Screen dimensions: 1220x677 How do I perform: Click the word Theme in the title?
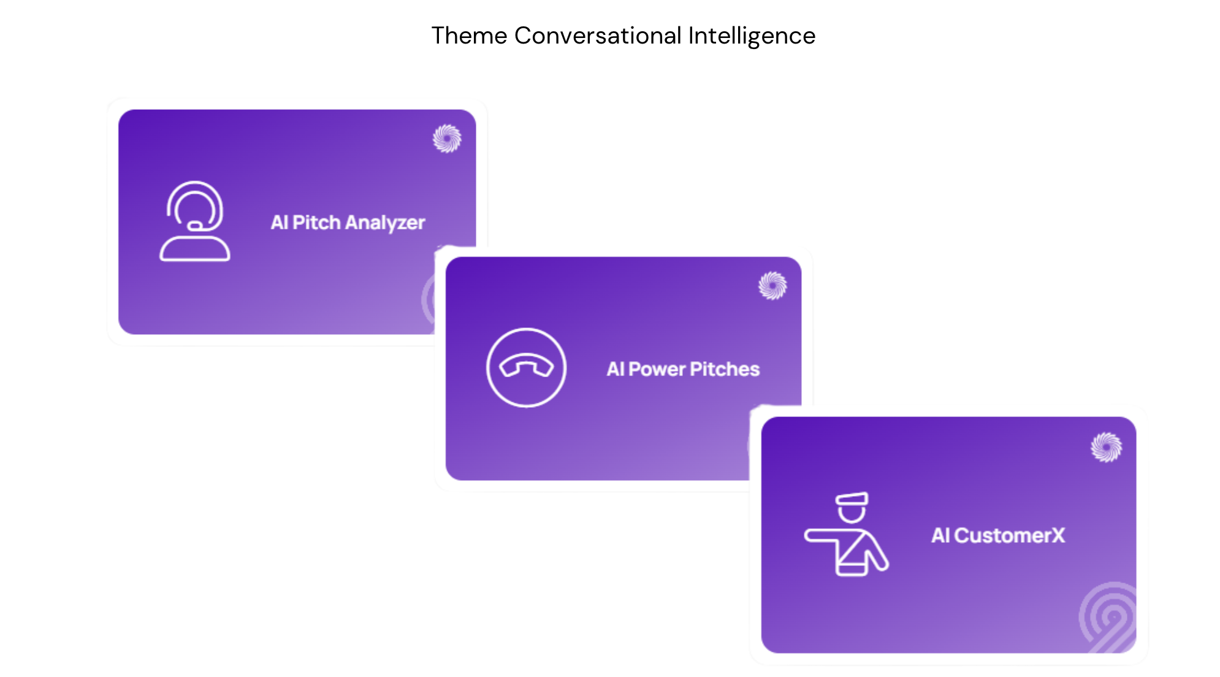click(x=469, y=36)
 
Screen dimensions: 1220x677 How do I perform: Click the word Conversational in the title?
click(x=598, y=36)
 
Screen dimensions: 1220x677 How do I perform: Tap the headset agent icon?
click(x=195, y=221)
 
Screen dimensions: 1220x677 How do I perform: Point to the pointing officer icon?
click(x=847, y=534)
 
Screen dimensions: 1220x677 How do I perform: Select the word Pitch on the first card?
click(x=316, y=222)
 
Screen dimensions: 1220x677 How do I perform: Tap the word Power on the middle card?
click(x=657, y=369)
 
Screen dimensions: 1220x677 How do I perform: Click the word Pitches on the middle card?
click(x=725, y=369)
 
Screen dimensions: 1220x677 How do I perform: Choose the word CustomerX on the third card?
click(x=1010, y=535)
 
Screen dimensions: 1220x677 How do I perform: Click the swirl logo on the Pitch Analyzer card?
click(x=447, y=138)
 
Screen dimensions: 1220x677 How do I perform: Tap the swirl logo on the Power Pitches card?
click(x=772, y=285)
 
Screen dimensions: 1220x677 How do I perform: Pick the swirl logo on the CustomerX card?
click(x=1107, y=447)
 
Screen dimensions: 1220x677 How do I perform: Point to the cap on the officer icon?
click(x=852, y=499)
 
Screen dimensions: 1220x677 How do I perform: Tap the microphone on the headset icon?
click(x=195, y=226)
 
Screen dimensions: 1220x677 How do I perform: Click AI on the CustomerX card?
click(x=940, y=535)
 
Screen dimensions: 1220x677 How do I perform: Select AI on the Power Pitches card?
click(x=616, y=369)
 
